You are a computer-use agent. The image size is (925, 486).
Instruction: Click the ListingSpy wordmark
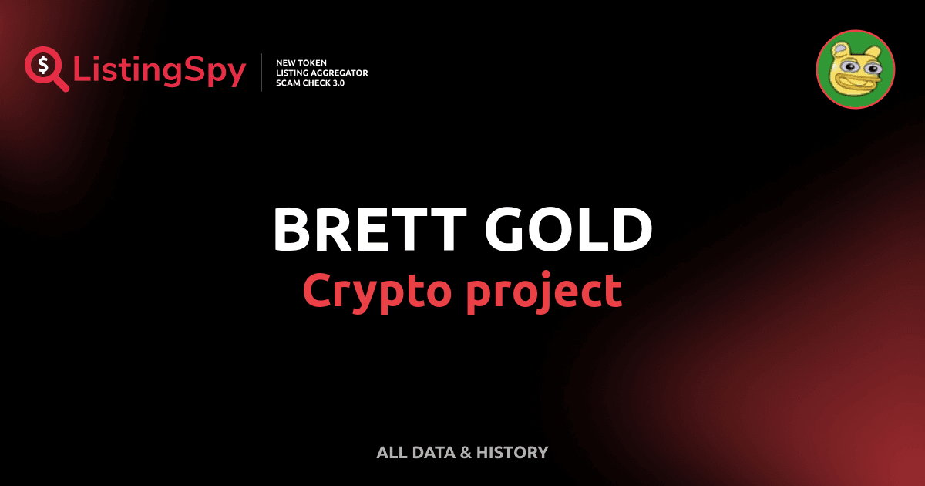(x=160, y=71)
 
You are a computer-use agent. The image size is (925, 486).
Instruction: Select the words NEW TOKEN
(x=301, y=62)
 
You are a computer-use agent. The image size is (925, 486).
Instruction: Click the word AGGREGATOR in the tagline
(x=340, y=73)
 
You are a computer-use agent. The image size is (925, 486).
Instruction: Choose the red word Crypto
(x=373, y=291)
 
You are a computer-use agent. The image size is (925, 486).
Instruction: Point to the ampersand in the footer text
(x=466, y=453)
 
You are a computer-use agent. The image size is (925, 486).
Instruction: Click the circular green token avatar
(x=855, y=69)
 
